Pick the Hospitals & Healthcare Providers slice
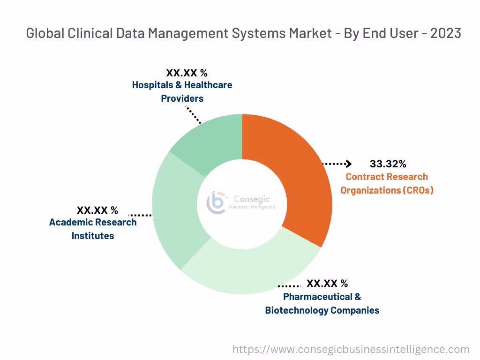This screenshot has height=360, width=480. pos(211,141)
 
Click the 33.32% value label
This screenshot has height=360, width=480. pos(388,164)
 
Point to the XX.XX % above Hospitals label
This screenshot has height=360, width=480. pos(187,73)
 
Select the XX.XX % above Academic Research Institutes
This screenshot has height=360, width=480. pos(97,210)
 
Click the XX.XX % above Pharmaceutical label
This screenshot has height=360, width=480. pos(327,284)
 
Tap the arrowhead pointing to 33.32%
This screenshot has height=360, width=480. pos(348,164)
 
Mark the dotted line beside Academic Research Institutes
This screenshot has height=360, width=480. pos(140,216)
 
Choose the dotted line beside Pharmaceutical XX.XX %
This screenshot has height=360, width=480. pos(289,285)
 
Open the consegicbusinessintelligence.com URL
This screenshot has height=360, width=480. pos(351,349)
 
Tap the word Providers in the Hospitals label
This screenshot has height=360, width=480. pos(182,98)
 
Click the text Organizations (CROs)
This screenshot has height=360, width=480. pos(387,190)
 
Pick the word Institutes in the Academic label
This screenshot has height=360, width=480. pos(93,235)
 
